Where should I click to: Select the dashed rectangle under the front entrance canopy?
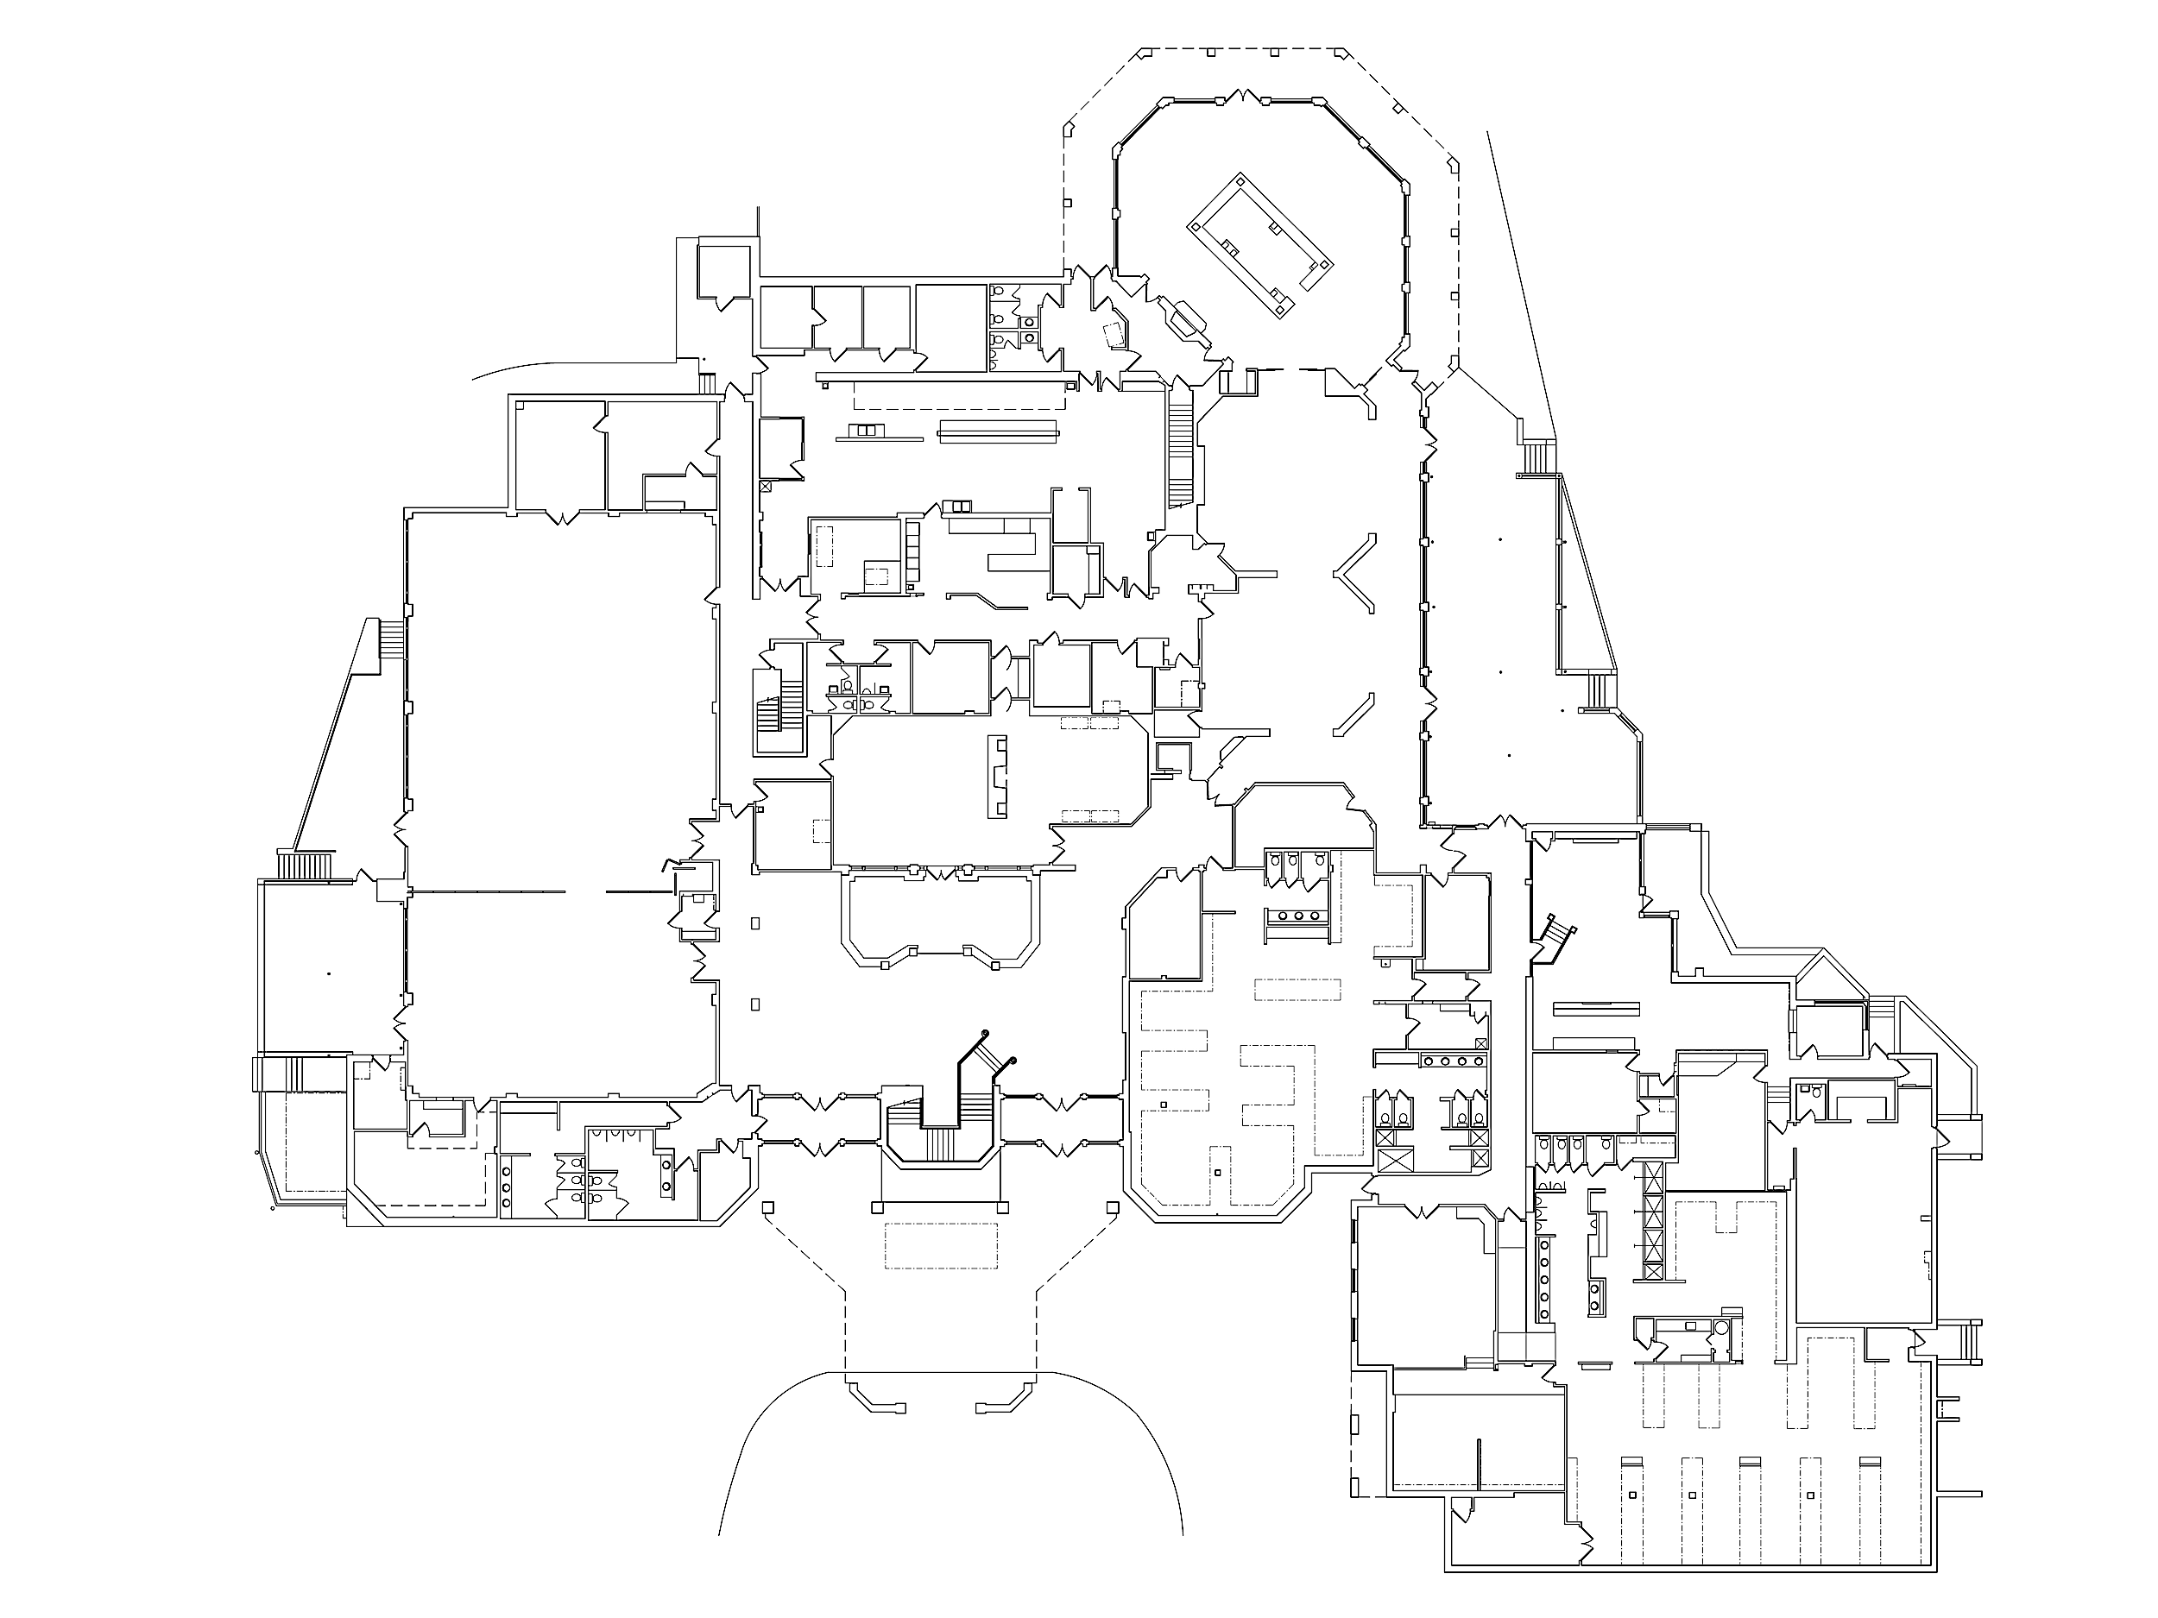tap(941, 1245)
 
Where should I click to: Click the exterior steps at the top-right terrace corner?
tap(1538, 457)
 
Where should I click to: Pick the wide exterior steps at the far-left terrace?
tap(306, 865)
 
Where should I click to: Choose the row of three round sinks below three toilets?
tap(1297, 916)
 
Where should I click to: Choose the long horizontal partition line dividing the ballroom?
tap(488, 891)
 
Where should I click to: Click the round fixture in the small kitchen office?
tap(1721, 1328)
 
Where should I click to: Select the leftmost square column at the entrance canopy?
tap(767, 1207)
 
